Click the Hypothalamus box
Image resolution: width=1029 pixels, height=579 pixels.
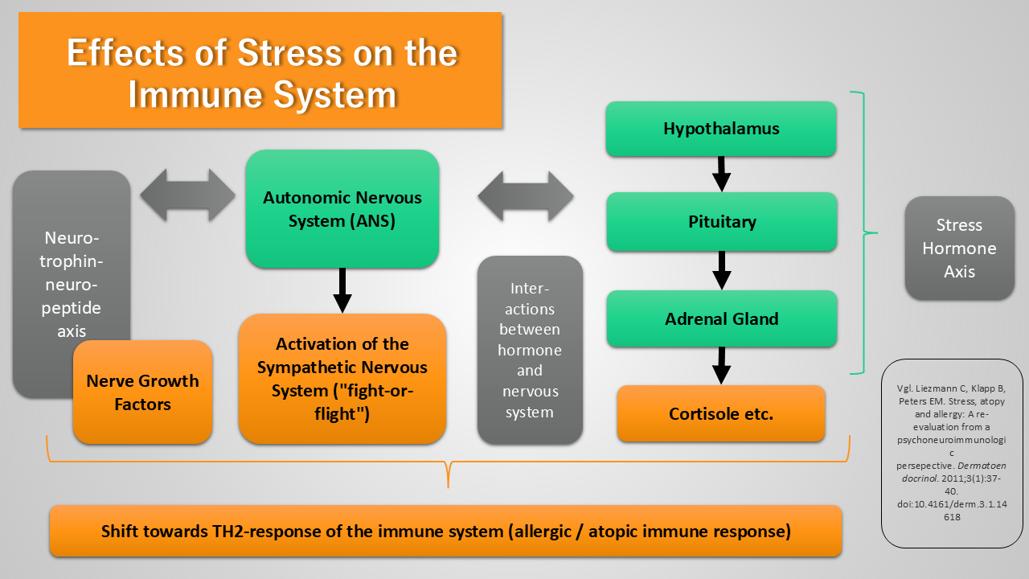point(721,129)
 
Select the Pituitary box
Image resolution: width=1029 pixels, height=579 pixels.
point(722,222)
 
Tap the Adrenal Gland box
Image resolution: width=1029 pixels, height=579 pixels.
point(722,318)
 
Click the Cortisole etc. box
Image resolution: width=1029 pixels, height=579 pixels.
point(721,413)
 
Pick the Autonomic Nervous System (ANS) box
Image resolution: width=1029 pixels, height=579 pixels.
point(342,209)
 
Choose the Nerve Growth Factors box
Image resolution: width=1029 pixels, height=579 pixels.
point(142,392)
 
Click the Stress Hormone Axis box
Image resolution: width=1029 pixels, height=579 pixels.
point(959,248)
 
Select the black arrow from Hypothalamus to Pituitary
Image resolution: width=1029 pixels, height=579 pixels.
point(721,175)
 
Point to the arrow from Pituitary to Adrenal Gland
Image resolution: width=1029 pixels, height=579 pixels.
point(722,271)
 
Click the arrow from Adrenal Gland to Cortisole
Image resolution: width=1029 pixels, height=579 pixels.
point(721,366)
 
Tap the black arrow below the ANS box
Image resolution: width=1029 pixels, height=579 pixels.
point(342,290)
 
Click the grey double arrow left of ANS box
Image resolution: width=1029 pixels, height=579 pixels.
point(187,195)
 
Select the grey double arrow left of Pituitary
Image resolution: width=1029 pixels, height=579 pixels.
point(526,197)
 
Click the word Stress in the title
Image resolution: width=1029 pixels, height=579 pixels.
point(289,53)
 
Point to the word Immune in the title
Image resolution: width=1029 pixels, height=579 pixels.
point(195,95)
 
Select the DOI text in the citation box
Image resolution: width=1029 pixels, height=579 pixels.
point(952,510)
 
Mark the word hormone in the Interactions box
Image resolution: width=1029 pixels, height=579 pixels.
point(530,350)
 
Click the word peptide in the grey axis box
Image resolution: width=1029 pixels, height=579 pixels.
point(72,308)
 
